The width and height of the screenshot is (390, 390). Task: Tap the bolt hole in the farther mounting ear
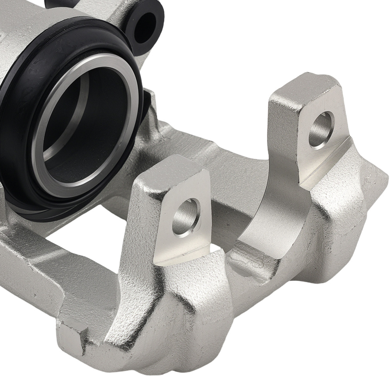click(x=321, y=129)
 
